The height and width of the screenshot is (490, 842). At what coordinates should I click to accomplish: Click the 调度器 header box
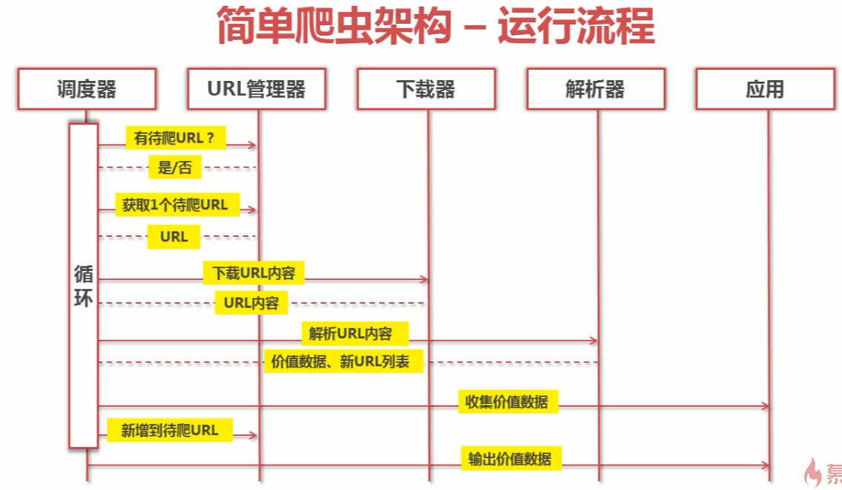coord(87,89)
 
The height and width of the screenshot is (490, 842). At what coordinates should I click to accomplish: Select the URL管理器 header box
coord(257,89)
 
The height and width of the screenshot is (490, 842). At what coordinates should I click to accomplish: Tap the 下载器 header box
coord(426,89)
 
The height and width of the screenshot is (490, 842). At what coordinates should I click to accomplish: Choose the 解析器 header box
coord(595,89)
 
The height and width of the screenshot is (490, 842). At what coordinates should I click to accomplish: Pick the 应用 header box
coord(765,89)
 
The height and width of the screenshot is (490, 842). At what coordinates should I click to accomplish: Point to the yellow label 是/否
coord(174,168)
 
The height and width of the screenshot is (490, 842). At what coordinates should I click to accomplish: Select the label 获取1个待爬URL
coord(176,204)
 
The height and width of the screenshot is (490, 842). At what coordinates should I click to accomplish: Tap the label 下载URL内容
coord(254,273)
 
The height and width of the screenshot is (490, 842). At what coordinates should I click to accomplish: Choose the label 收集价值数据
coord(507,402)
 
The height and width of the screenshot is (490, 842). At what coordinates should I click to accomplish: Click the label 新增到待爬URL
coord(170,430)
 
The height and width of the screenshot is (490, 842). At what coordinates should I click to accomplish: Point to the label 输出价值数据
coord(510,458)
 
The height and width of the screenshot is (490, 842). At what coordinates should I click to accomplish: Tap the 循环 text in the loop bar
coord(83,287)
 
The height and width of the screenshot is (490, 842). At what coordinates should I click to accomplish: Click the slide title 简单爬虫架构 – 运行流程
coord(435,27)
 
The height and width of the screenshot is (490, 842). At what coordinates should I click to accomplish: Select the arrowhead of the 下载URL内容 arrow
coord(424,280)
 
